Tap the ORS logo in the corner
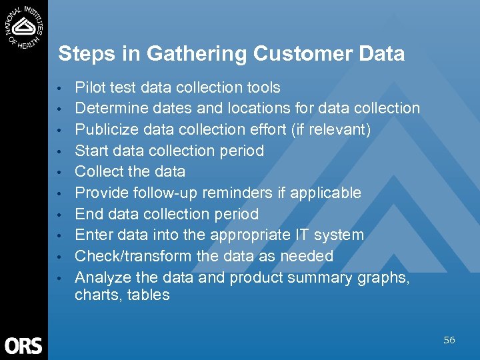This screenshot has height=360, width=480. pyautogui.click(x=23, y=345)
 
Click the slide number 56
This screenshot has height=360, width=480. pyautogui.click(x=449, y=340)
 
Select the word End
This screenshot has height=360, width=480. pyautogui.click(x=87, y=214)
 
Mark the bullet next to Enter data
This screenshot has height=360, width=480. pyautogui.click(x=60, y=236)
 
